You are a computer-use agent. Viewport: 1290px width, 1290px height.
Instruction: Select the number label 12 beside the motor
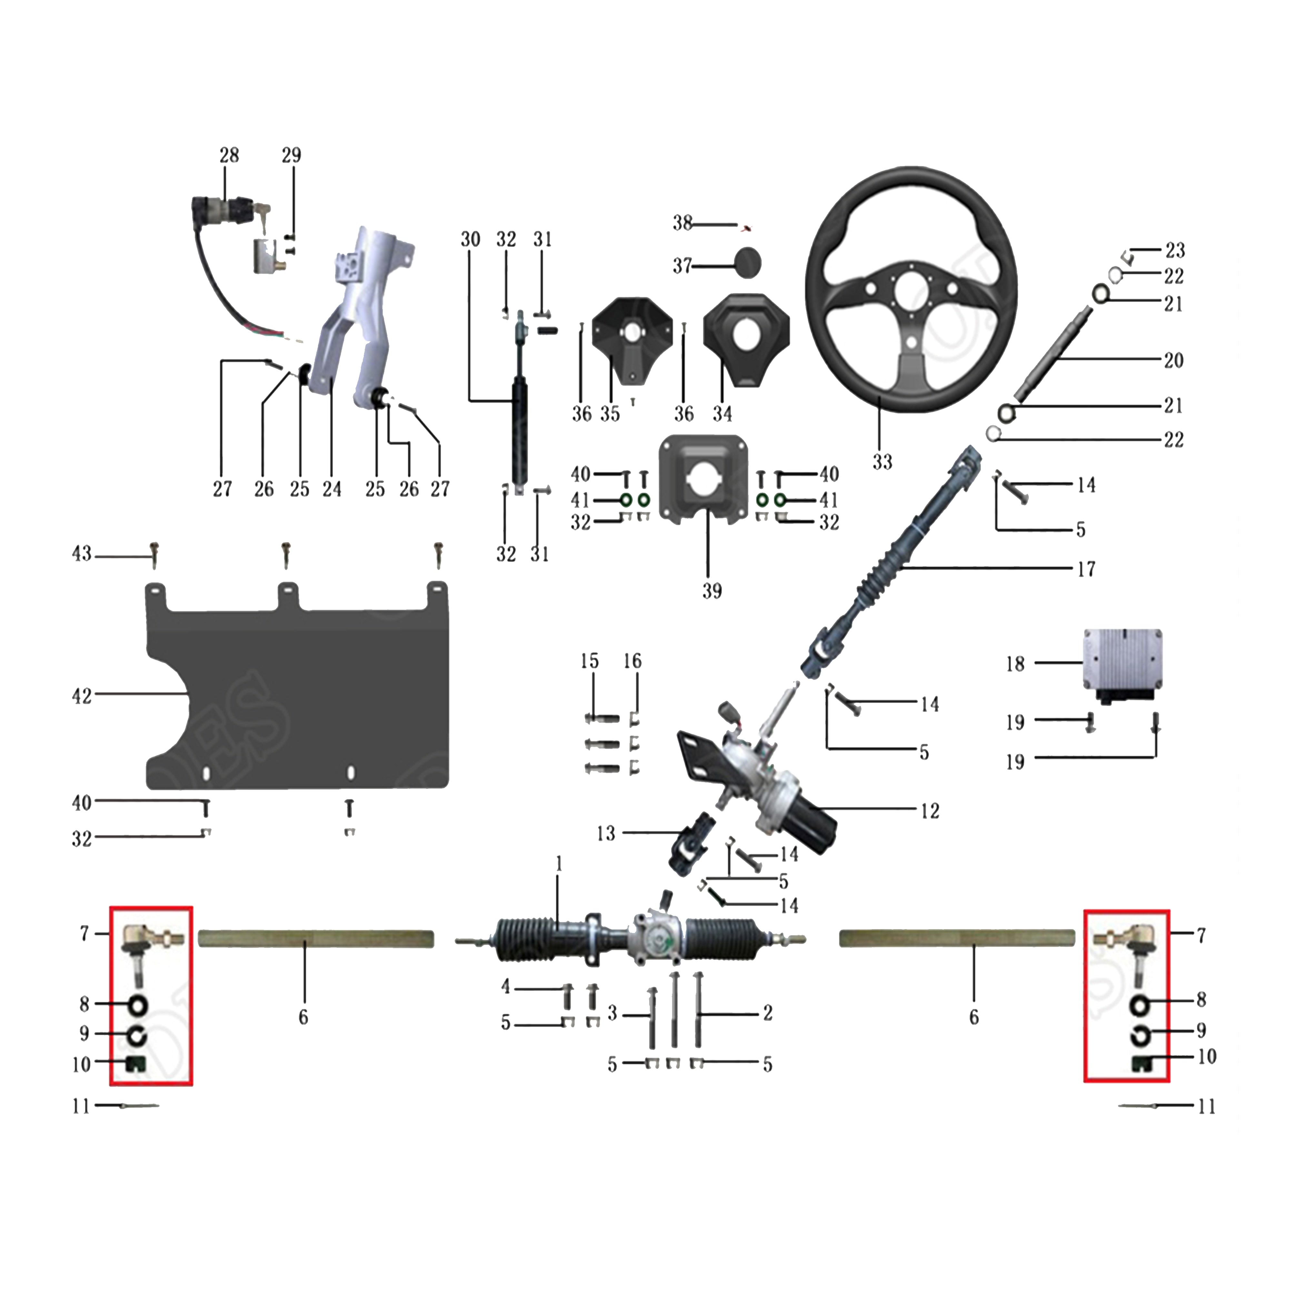929,811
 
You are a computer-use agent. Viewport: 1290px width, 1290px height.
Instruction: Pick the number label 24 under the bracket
332,490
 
